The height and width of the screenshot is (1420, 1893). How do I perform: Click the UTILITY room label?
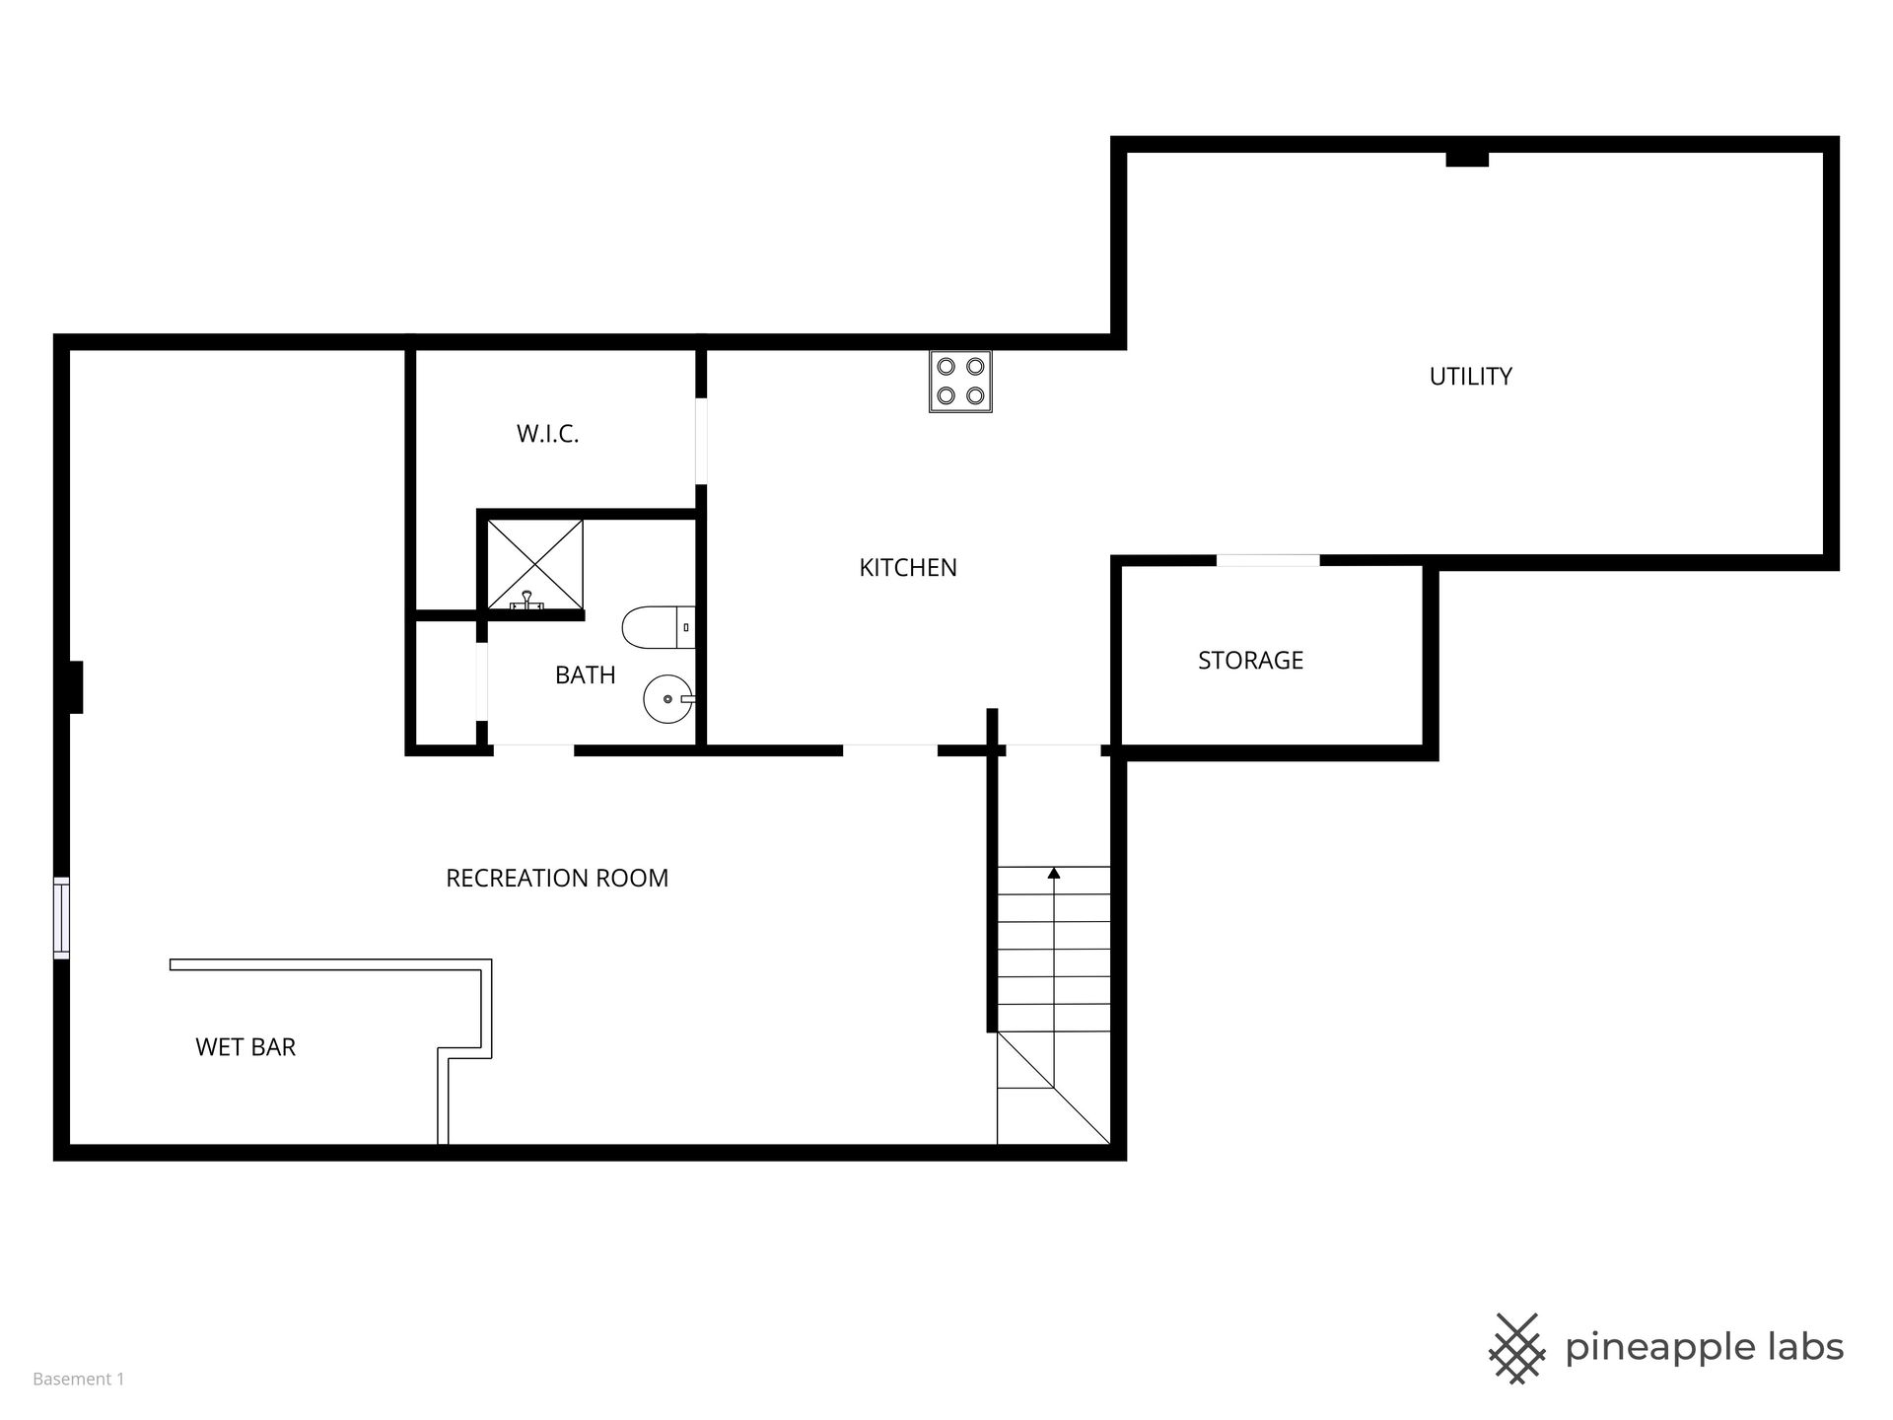1470,376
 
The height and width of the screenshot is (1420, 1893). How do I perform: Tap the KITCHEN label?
908,567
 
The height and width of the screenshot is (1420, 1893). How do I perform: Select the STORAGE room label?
1250,660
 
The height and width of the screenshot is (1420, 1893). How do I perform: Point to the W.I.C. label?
547,434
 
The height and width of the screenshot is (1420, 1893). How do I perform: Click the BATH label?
585,674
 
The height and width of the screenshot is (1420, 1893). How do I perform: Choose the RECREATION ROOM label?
557,878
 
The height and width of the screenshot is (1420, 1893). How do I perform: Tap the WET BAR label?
245,1046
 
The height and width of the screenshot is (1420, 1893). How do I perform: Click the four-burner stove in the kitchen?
960,381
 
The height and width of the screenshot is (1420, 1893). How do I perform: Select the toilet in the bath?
659,627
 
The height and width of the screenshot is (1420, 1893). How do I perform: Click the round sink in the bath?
669,699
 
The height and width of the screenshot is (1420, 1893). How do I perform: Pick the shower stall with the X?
535,565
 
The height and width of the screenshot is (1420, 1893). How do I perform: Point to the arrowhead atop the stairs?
1054,873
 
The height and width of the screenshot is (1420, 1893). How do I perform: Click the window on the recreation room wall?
61,917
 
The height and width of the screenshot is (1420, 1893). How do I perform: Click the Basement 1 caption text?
79,1379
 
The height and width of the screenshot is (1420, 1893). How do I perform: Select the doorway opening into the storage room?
1268,560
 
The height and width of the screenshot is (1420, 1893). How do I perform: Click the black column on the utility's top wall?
1467,159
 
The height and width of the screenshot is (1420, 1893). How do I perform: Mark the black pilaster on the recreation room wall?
75,686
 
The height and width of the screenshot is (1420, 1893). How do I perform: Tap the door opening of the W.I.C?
701,441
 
